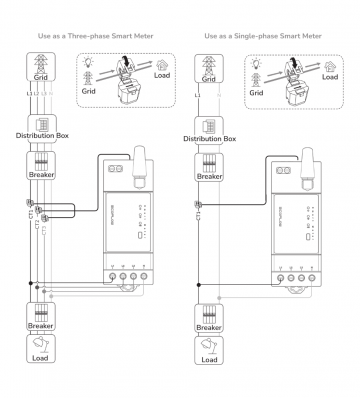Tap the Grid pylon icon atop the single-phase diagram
(x=209, y=63)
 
